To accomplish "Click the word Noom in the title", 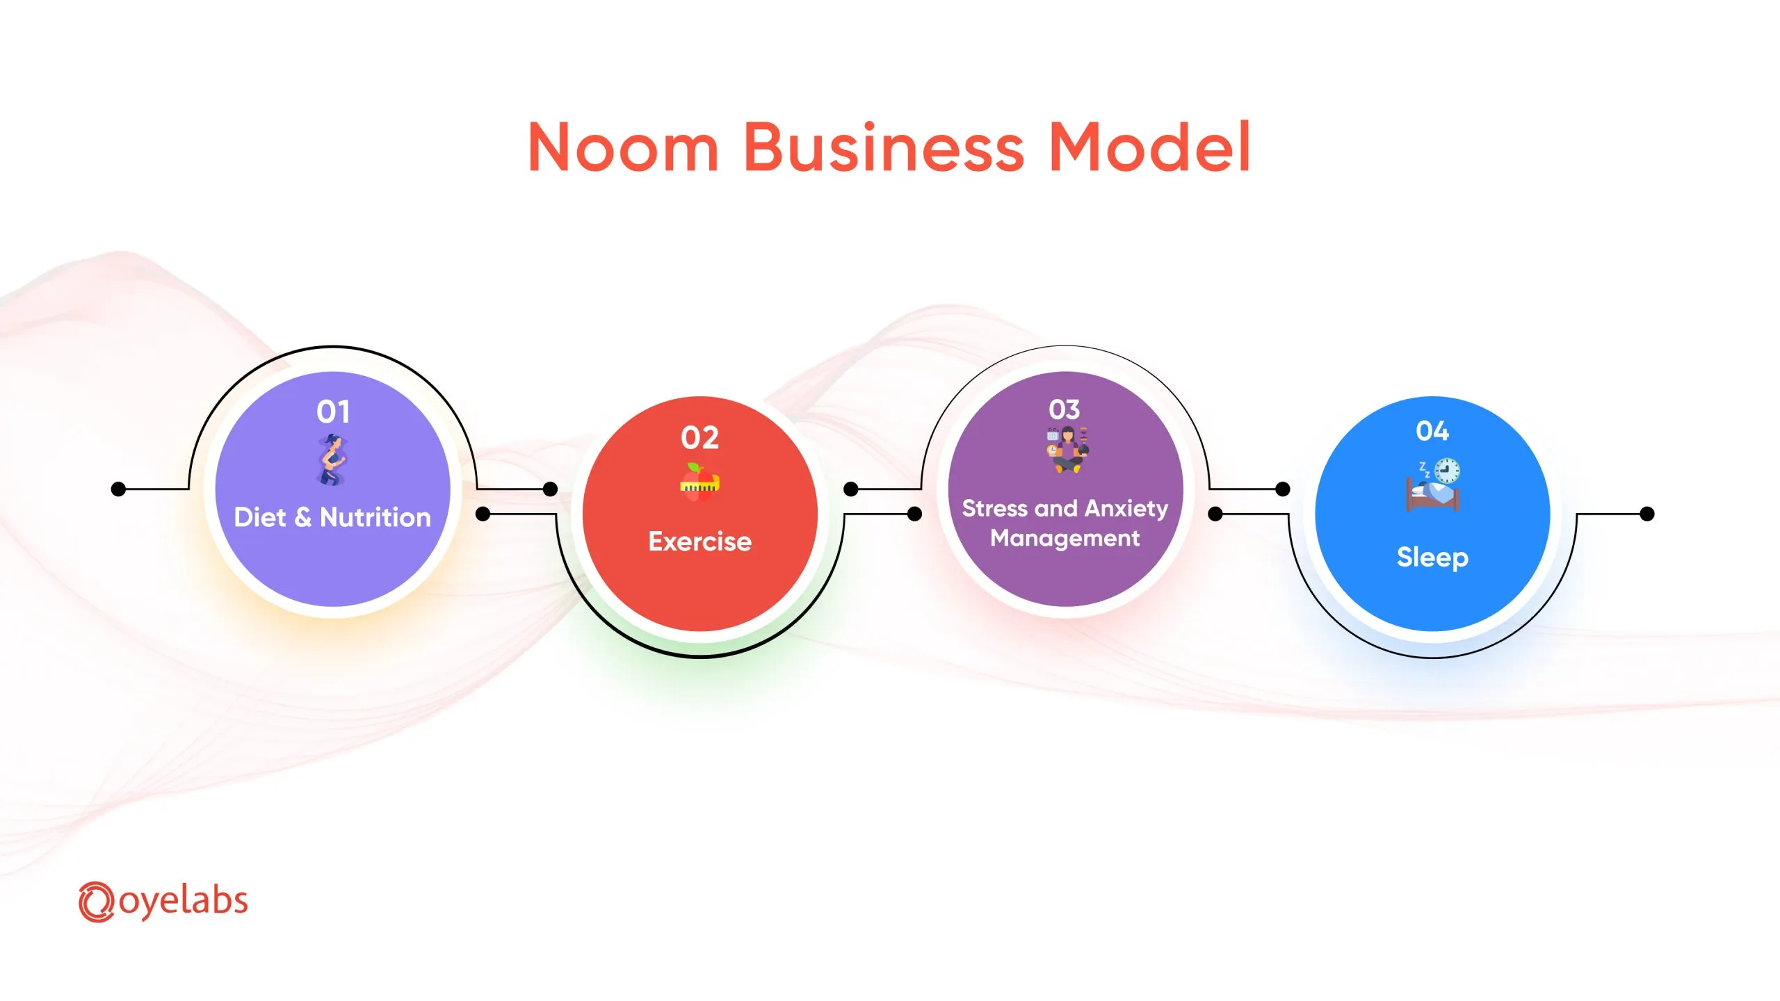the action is [623, 147].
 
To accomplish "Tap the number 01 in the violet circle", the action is [333, 412].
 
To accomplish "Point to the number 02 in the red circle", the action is [699, 437].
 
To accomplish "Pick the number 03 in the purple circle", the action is [1065, 409].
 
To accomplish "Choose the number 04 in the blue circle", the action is [1432, 430].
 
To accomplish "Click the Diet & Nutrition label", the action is [332, 517].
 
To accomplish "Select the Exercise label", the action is [700, 541].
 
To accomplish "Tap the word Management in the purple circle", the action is [1065, 539].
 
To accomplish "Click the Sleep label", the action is [1432, 558].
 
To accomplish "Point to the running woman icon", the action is [332, 459].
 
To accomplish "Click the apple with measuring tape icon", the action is [699, 482].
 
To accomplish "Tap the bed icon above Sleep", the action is [1432, 494].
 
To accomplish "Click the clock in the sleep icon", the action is [1447, 471].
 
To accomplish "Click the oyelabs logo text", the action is [184, 902].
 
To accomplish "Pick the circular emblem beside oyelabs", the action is [96, 902].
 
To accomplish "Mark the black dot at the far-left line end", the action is [119, 489].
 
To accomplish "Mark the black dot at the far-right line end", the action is [1647, 514].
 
